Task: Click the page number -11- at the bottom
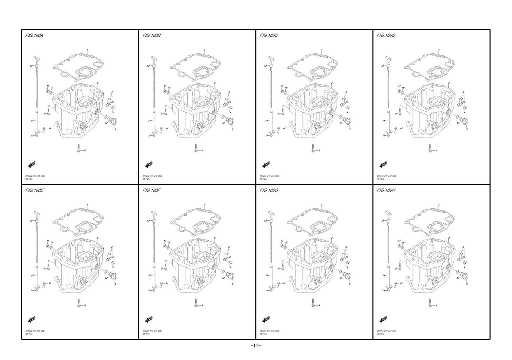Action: click(255, 346)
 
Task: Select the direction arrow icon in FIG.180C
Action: click(265, 164)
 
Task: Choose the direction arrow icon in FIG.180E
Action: click(31, 319)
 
